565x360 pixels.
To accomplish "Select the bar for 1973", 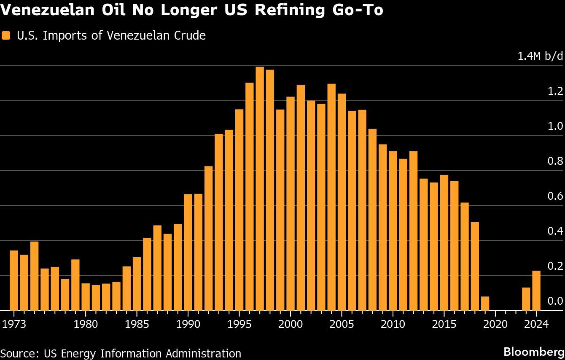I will click(x=14, y=280).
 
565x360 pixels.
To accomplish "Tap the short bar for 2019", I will click(x=485, y=304).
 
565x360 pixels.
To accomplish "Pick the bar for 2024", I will click(x=536, y=290).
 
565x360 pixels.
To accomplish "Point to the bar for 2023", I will click(x=526, y=299).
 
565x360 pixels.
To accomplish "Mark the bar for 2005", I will click(x=342, y=202).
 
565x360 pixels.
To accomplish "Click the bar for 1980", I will click(x=86, y=297).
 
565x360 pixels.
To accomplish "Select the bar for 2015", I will click(x=444, y=242).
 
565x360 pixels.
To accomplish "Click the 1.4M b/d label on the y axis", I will click(x=540, y=56).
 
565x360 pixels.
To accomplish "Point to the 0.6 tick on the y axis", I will click(x=555, y=196).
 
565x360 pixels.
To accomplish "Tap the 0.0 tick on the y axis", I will click(x=555, y=301).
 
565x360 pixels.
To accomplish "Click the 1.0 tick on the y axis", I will click(x=555, y=126).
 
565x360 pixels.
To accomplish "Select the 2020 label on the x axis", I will click(x=495, y=324).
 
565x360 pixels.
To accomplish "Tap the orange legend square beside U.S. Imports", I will click(x=5, y=36).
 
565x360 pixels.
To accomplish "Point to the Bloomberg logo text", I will click(x=534, y=352).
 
